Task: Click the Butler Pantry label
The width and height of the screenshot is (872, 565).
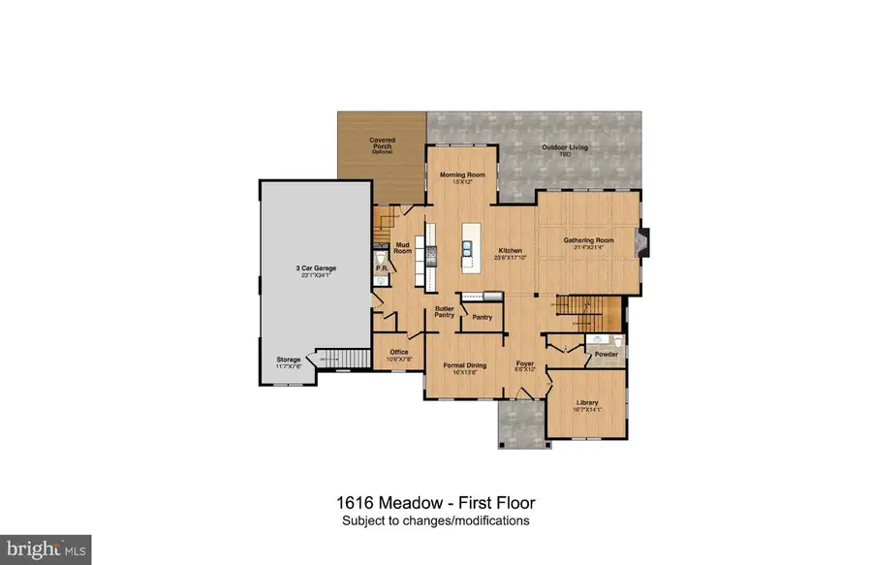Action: point(445,312)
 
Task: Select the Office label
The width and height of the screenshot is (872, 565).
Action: point(399,352)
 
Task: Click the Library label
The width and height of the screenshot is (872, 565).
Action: point(586,402)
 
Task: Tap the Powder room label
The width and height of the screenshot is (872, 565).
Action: point(606,355)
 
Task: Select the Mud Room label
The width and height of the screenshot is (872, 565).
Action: point(403,248)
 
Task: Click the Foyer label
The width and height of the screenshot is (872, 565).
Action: point(525,364)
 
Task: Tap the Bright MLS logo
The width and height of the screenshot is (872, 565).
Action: point(46,549)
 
